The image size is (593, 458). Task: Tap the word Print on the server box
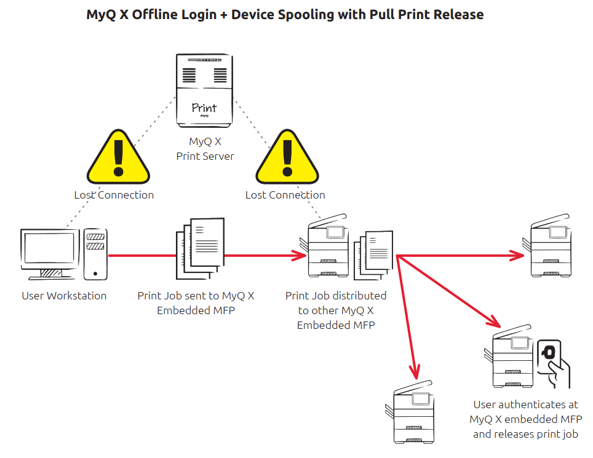[x=204, y=108]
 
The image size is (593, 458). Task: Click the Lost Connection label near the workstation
[x=114, y=195]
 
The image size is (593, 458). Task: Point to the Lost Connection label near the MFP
[x=285, y=195]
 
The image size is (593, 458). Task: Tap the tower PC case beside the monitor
[x=95, y=253]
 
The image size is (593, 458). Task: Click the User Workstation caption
[x=64, y=296]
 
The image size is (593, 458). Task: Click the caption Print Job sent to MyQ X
[x=196, y=296]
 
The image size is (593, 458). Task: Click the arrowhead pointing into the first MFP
[x=300, y=255]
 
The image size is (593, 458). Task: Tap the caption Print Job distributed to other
[x=336, y=296]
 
